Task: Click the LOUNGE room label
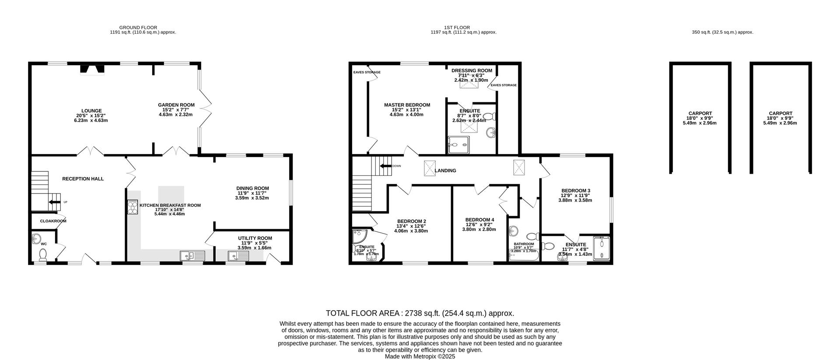click(x=91, y=111)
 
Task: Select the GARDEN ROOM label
click(x=176, y=105)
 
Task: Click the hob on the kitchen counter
click(x=133, y=207)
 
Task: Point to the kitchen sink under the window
click(x=192, y=255)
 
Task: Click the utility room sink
click(x=238, y=256)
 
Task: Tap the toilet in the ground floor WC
click(x=43, y=254)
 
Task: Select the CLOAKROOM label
click(x=53, y=221)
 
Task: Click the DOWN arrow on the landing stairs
click(x=386, y=166)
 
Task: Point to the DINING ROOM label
click(x=253, y=189)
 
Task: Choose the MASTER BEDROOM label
click(x=407, y=105)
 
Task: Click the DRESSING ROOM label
click(x=472, y=70)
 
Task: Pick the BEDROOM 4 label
click(x=479, y=220)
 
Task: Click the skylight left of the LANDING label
click(x=430, y=168)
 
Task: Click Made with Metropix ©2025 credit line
click(x=420, y=357)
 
